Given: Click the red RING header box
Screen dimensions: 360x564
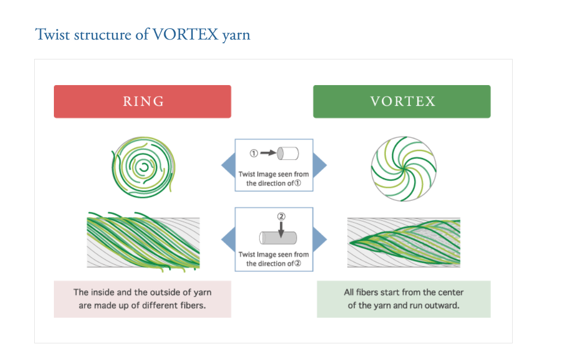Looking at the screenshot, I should [143, 101].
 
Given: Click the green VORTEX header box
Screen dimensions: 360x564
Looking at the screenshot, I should [402, 101].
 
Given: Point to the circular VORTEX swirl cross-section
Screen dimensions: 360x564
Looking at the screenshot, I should [404, 168].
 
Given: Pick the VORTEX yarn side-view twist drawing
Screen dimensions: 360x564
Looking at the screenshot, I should [404, 242].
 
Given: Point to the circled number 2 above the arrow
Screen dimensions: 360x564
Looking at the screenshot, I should [281, 217].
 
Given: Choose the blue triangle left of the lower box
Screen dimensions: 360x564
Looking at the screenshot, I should [228, 239].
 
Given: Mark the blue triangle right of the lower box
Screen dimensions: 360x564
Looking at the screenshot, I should [320, 239].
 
